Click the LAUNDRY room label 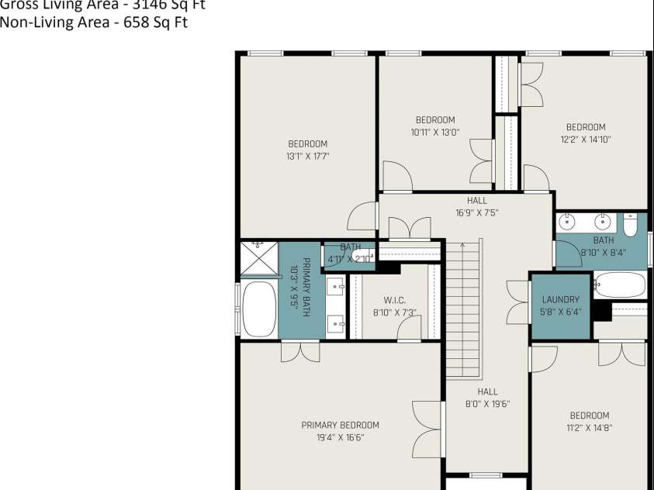[560, 300]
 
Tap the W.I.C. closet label [394, 301]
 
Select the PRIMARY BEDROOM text [340, 425]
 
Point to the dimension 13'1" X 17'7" [307, 156]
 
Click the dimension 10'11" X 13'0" [434, 132]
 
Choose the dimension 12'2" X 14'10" [585, 140]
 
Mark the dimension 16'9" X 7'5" [476, 212]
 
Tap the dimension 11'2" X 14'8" [589, 427]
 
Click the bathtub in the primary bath [259, 309]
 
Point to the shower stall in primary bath [258, 257]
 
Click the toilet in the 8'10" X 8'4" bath [630, 224]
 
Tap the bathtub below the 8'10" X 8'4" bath [620, 285]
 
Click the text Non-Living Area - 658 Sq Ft [93, 22]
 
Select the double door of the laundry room [518, 302]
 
